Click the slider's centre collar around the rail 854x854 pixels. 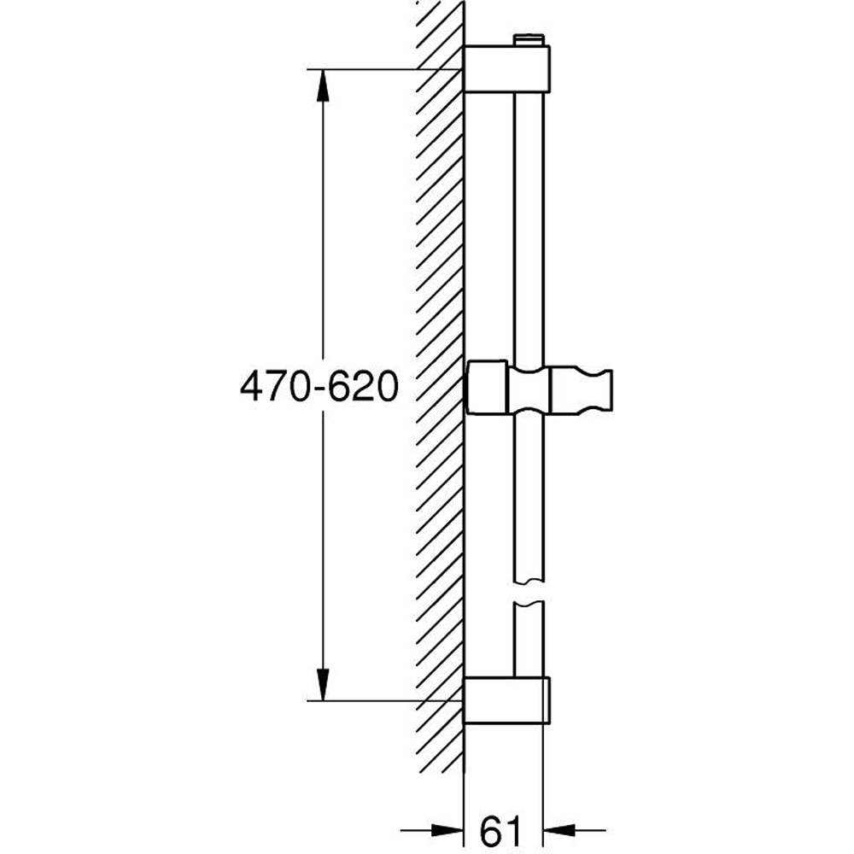[529, 390]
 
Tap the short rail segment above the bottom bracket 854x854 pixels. [529, 640]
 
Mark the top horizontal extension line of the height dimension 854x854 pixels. [384, 68]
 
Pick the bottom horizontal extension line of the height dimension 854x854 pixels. [384, 701]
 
